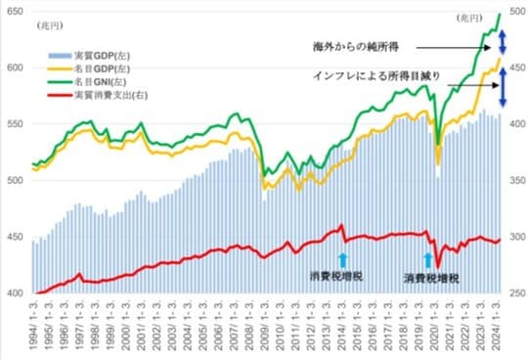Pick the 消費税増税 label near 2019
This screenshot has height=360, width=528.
[x=431, y=279]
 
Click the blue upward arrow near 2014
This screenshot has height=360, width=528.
[x=342, y=259]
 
